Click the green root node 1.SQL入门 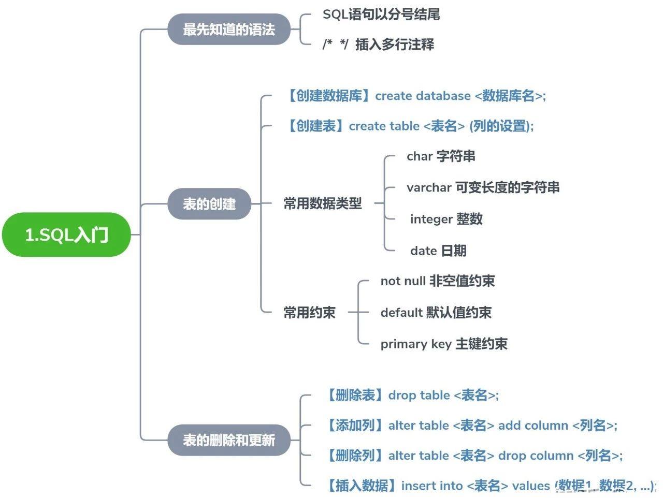66,235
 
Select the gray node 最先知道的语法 228,30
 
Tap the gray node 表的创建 209,204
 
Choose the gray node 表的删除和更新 228,440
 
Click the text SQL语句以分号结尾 381,14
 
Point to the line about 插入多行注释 378,45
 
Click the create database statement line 415,96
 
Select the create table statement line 409,126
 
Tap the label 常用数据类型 322,203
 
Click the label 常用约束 309,312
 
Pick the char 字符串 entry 441,156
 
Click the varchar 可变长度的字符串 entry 483,187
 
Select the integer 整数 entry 446,219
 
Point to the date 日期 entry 438,251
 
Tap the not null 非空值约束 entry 437,281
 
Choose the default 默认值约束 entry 436,313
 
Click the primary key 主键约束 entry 443,344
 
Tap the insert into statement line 490,486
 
